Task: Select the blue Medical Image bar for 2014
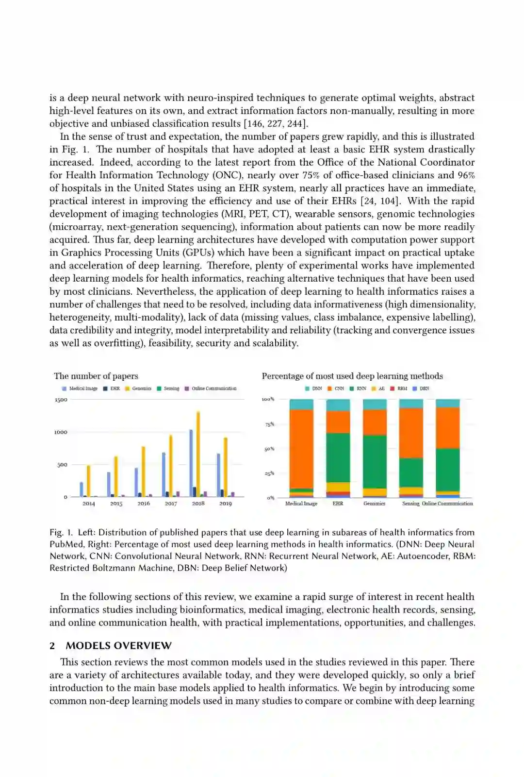(82, 489)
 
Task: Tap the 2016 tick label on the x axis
(144, 504)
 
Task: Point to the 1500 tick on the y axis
(61, 400)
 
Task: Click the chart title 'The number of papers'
(96, 376)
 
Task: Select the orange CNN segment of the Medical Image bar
(301, 449)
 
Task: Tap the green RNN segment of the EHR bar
(338, 457)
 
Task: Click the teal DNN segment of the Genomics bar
(375, 404)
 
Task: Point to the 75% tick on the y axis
(269, 424)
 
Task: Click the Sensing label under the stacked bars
(410, 504)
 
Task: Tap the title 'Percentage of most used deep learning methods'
(352, 376)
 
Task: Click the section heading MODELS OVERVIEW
(118, 645)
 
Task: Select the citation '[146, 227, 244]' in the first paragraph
(274, 123)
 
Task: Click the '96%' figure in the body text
(466, 175)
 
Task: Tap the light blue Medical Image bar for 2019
(218, 475)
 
